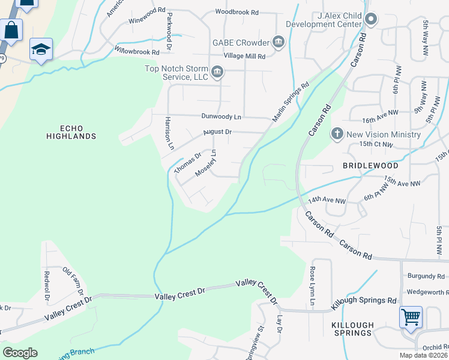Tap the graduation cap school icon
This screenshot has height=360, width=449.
pyautogui.click(x=41, y=49)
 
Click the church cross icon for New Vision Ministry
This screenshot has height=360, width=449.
pyautogui.click(x=337, y=134)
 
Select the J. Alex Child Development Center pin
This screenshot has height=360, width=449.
pyautogui.click(x=370, y=19)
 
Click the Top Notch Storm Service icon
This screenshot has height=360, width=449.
pyautogui.click(x=217, y=73)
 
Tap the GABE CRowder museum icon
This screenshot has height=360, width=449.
pyautogui.click(x=279, y=42)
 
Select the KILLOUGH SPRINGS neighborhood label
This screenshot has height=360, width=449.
pyautogui.click(x=353, y=329)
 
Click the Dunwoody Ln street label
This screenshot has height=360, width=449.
pyautogui.click(x=221, y=116)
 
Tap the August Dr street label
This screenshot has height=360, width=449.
pyautogui.click(x=217, y=132)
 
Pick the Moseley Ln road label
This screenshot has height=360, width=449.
pyautogui.click(x=206, y=164)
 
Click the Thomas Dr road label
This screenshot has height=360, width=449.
pyautogui.click(x=187, y=163)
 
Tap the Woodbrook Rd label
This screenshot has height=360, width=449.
pyautogui.click(x=237, y=12)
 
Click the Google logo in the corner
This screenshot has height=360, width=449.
pyautogui.click(x=20, y=352)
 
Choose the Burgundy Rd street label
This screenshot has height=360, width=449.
pyautogui.click(x=425, y=277)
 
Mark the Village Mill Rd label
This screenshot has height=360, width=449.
pyautogui.click(x=244, y=56)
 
